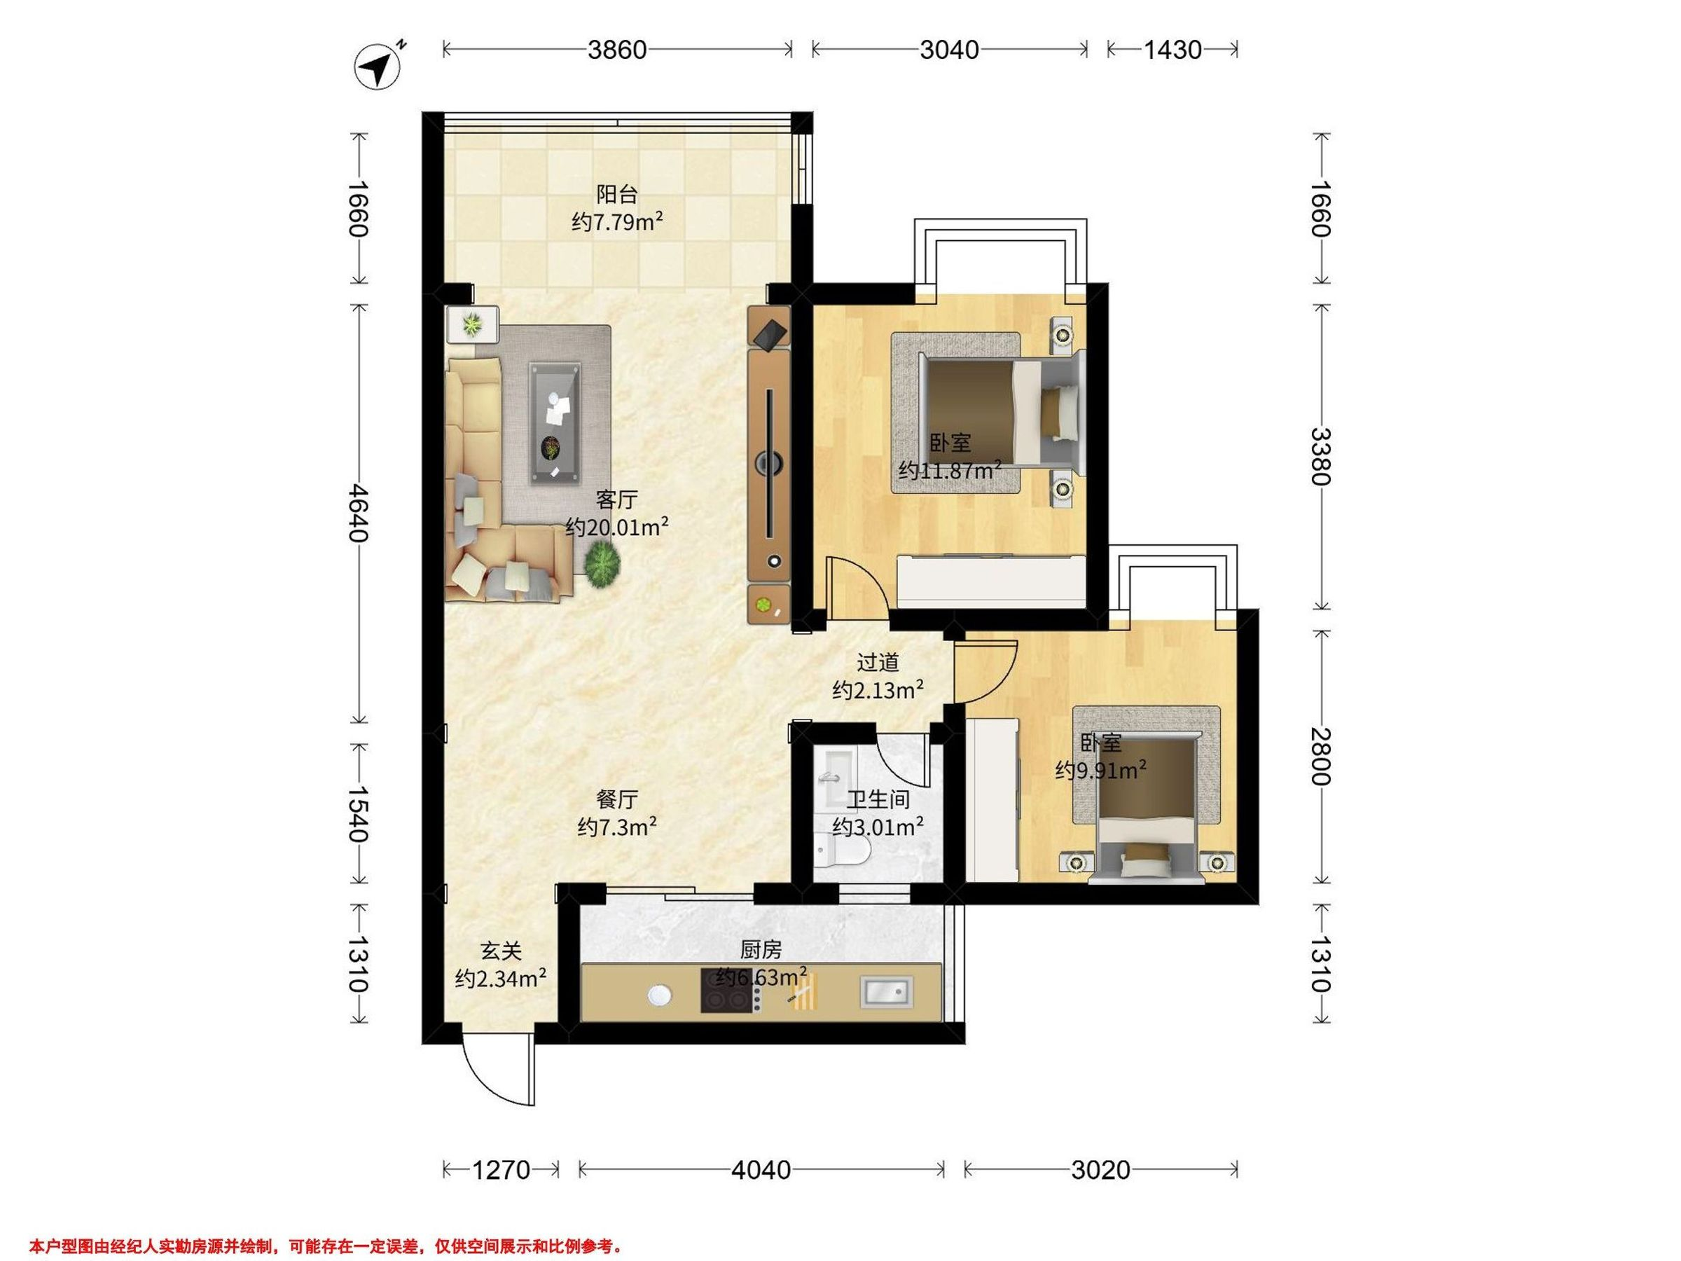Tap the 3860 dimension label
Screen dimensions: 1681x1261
tap(617, 50)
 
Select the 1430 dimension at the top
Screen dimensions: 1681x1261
tap(1172, 50)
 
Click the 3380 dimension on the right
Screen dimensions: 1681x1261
tap(1321, 457)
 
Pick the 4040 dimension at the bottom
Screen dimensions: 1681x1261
tap(761, 1170)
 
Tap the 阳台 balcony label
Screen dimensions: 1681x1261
tap(616, 195)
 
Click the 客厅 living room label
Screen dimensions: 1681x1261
tap(616, 499)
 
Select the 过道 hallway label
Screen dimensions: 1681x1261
tap(878, 663)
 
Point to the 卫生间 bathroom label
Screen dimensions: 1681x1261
tap(878, 799)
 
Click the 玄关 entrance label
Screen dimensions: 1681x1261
tap(501, 950)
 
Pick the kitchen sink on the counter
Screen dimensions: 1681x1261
tap(886, 992)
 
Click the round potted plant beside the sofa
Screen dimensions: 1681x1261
tap(602, 564)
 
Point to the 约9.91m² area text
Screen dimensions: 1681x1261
tap(1100, 771)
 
